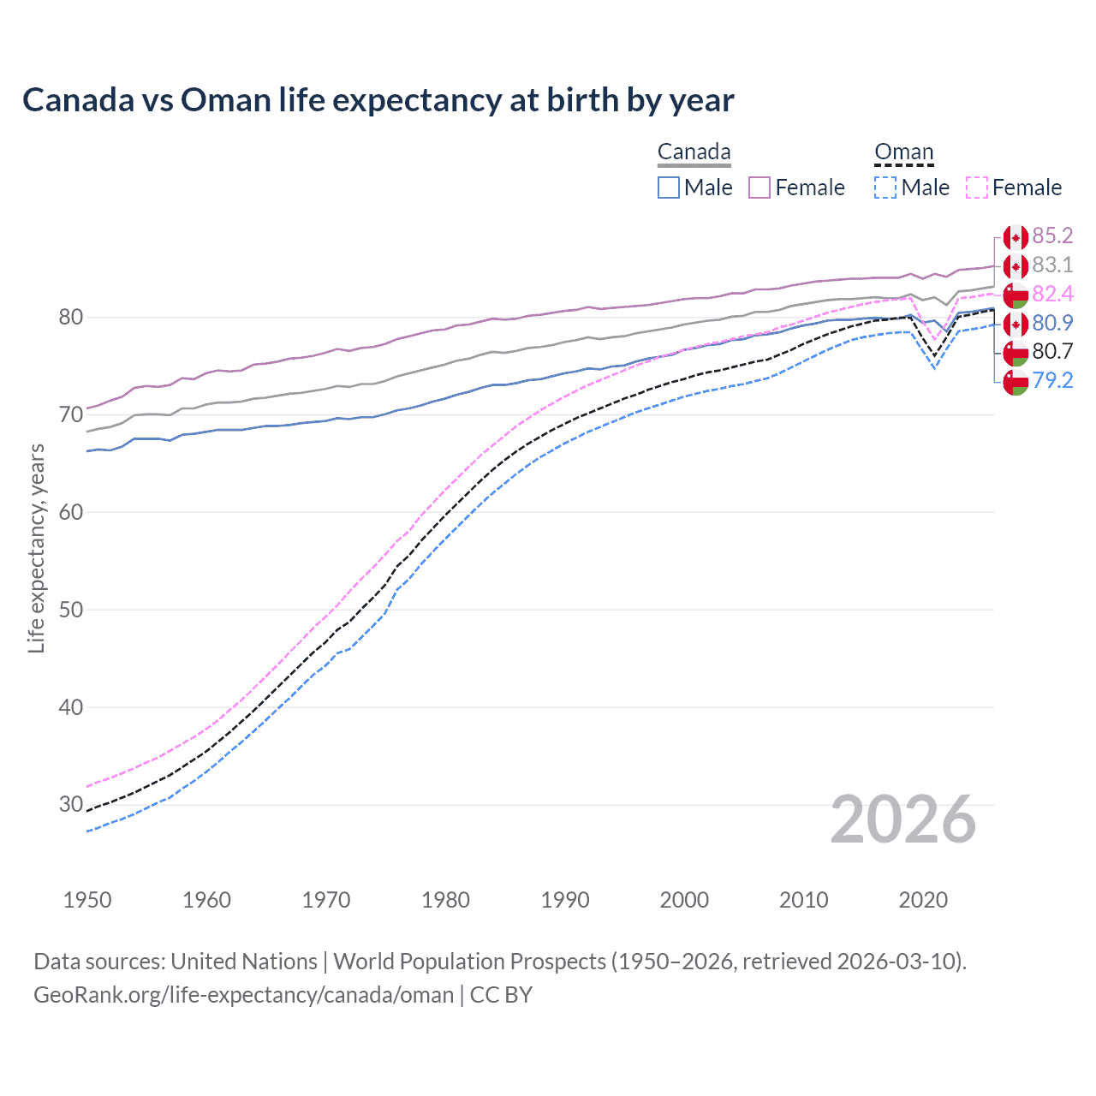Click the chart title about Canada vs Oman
tap(378, 100)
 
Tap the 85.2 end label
tap(1052, 236)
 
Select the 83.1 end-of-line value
tap(1052, 265)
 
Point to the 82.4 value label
tap(1052, 295)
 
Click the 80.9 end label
tap(1052, 323)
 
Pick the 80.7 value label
tap(1052, 351)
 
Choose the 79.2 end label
tap(1052, 380)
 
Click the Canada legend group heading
tap(694, 152)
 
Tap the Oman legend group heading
tap(903, 152)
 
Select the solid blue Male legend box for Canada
tap(669, 188)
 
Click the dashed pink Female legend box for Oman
tap(976, 188)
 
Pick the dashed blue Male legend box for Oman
tap(885, 188)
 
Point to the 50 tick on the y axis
tap(71, 610)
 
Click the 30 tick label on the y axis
tap(71, 805)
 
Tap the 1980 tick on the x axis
tap(445, 900)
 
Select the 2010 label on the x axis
tap(803, 900)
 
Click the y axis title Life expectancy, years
tap(36, 548)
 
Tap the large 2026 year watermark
tap(903, 819)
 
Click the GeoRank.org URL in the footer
tap(243, 995)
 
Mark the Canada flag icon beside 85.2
tap(1016, 237)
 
